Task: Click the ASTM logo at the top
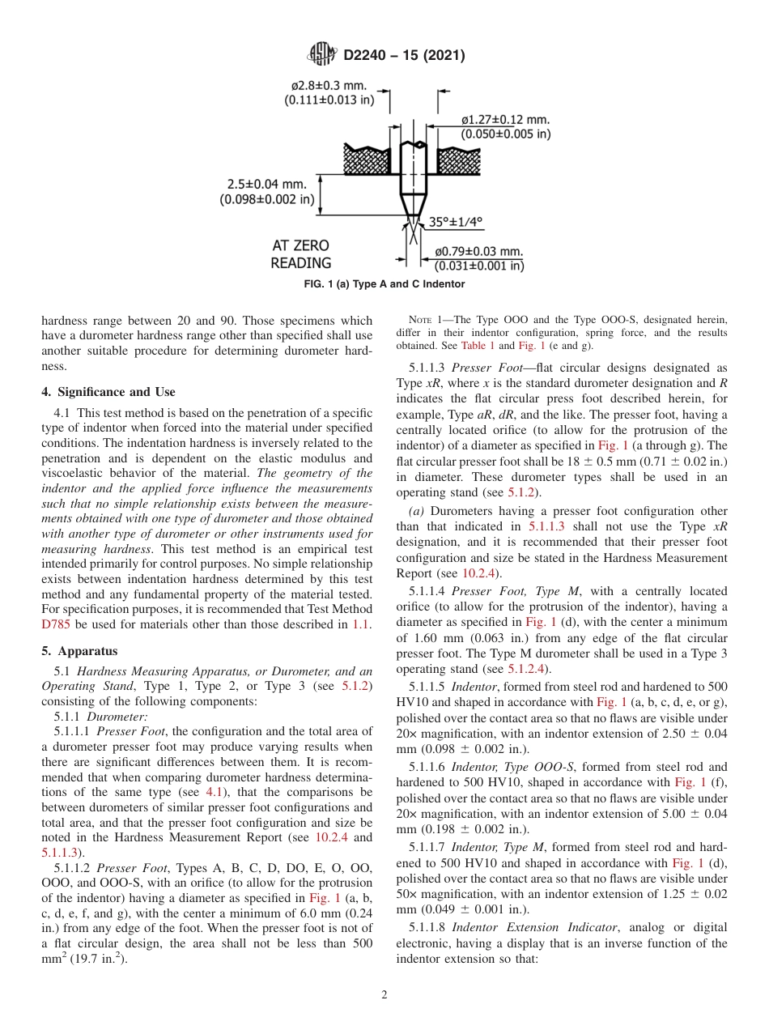[x=322, y=55]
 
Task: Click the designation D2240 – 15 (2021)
[x=404, y=56]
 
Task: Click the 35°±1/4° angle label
[x=455, y=221]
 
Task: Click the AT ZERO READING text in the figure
[x=300, y=254]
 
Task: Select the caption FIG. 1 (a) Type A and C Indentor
[x=384, y=284]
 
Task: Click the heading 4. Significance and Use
[x=108, y=392]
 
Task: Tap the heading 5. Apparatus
[x=79, y=650]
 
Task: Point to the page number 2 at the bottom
[x=384, y=995]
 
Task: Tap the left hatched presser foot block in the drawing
[x=366, y=160]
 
